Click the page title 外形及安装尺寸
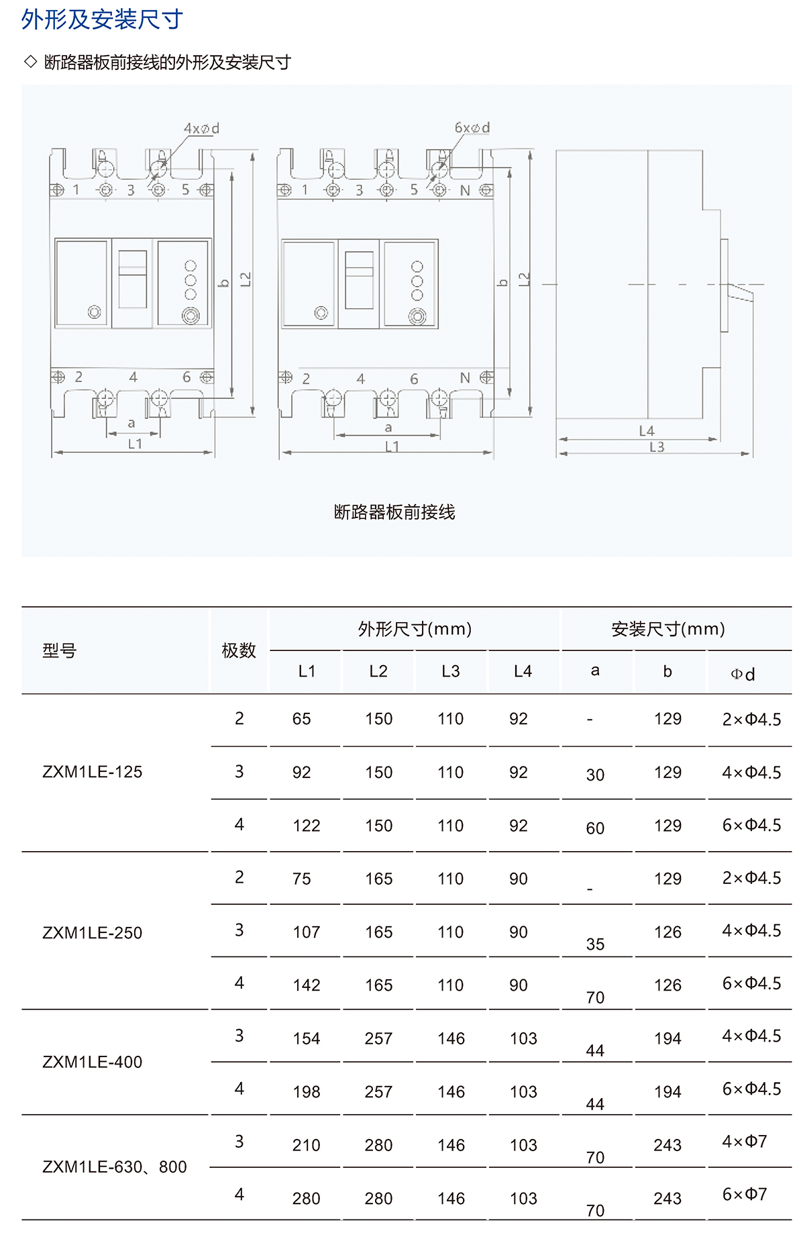[x=102, y=19]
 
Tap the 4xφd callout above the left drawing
[x=202, y=128]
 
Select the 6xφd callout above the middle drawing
[x=472, y=128]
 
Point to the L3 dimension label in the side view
[x=657, y=447]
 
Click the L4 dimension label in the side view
[x=647, y=431]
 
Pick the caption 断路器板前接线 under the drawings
[x=394, y=512]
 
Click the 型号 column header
[x=60, y=650]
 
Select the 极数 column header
[x=239, y=650]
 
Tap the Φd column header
[x=743, y=674]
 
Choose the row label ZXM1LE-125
[x=93, y=772]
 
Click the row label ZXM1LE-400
[x=93, y=1062]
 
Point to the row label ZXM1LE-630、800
[x=115, y=1167]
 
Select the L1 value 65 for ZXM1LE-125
[x=302, y=719]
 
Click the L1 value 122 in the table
[x=307, y=826]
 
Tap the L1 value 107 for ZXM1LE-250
[x=307, y=932]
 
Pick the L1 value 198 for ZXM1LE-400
[x=307, y=1092]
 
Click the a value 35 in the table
[x=595, y=944]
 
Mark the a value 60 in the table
[x=595, y=828]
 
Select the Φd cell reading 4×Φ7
[x=745, y=1141]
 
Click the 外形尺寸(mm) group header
[x=415, y=629]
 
